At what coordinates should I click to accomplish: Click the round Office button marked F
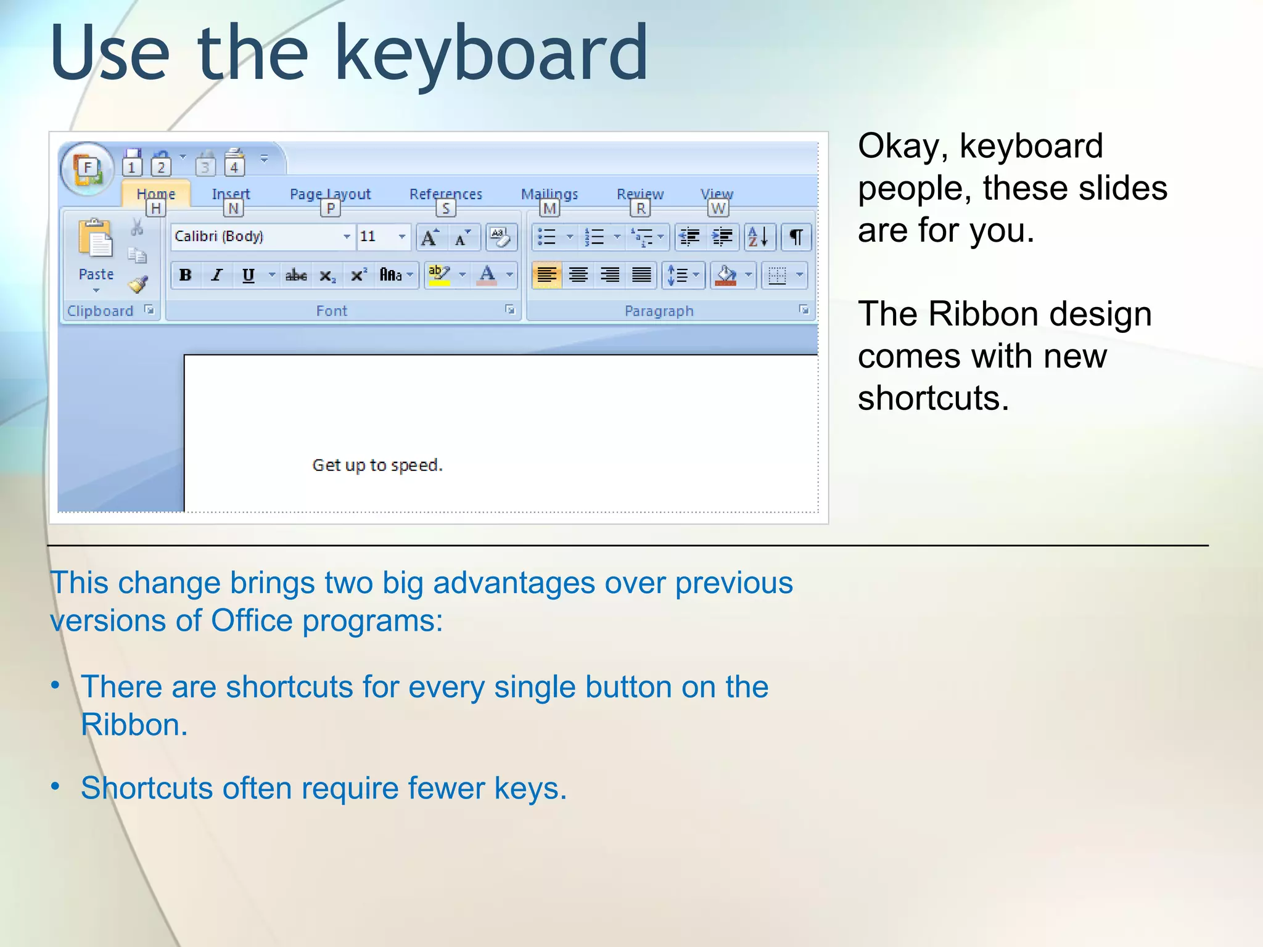pyautogui.click(x=87, y=168)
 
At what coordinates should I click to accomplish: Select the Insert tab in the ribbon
pyautogui.click(x=231, y=194)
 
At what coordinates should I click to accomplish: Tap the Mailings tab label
pyautogui.click(x=549, y=194)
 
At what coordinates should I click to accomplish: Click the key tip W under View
pyautogui.click(x=718, y=209)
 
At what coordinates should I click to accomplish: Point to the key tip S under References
pyautogui.click(x=445, y=209)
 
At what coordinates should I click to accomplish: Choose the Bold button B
pyautogui.click(x=185, y=275)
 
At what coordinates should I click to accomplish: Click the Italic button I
pyautogui.click(x=216, y=275)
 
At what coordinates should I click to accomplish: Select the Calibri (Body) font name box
pyautogui.click(x=256, y=237)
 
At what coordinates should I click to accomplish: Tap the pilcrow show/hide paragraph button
pyautogui.click(x=796, y=237)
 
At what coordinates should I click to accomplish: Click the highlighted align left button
pyautogui.click(x=546, y=275)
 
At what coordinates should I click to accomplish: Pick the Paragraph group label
pyautogui.click(x=659, y=311)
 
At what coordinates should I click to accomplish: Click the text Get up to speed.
pyautogui.click(x=377, y=465)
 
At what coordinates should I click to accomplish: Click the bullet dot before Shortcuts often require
pyautogui.click(x=56, y=786)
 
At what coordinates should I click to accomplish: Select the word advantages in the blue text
pyautogui.click(x=514, y=583)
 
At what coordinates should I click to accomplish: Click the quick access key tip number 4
pyautogui.click(x=234, y=167)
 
